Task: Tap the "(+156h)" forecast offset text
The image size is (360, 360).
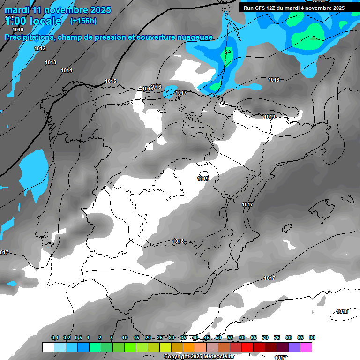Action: click(x=83, y=21)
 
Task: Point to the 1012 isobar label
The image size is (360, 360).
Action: click(x=40, y=48)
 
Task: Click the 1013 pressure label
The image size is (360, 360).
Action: click(x=51, y=62)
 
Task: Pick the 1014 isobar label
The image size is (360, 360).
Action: click(x=67, y=70)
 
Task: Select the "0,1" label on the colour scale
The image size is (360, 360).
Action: click(x=55, y=337)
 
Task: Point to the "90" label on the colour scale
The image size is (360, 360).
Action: click(x=312, y=337)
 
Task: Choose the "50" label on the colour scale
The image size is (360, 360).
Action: click(x=218, y=337)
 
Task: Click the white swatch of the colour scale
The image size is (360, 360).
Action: click(x=48, y=347)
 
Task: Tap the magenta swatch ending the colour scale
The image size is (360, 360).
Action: click(x=306, y=347)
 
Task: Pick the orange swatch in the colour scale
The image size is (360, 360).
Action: click(x=188, y=347)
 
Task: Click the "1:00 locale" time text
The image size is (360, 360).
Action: click(x=33, y=21)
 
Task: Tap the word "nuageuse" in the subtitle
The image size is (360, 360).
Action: click(x=195, y=37)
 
